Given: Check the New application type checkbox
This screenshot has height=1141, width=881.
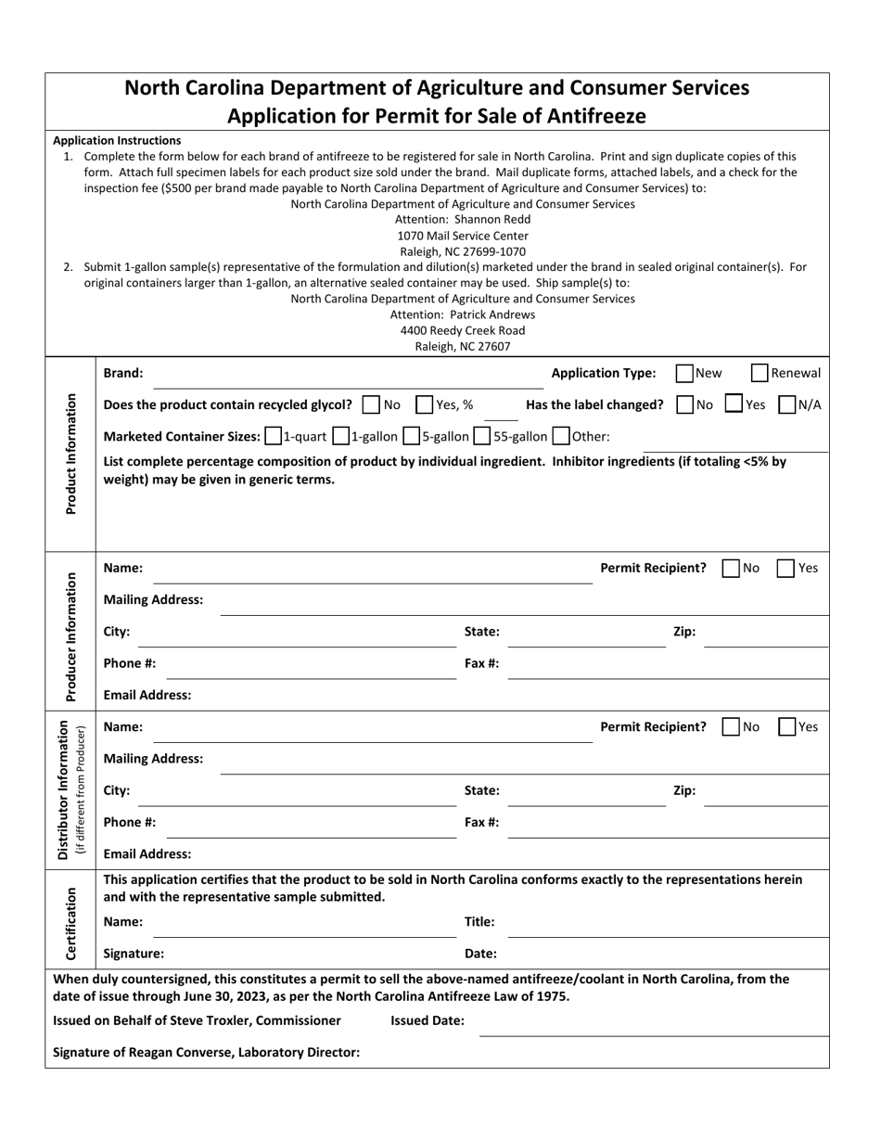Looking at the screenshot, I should click(x=684, y=373).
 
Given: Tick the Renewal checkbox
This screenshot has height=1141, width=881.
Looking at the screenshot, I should click(x=759, y=373).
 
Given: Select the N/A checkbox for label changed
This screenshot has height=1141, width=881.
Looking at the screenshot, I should click(x=786, y=404).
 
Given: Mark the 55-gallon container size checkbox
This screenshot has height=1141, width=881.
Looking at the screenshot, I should click(x=482, y=436).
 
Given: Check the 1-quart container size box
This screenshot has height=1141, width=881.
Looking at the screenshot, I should click(x=273, y=436).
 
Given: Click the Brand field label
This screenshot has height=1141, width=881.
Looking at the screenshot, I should click(x=123, y=373).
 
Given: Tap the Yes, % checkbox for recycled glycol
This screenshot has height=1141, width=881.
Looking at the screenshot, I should click(x=424, y=404).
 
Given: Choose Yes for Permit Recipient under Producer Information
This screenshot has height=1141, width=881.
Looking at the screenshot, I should click(x=785, y=568).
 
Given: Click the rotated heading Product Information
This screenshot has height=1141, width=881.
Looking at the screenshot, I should click(x=70, y=454).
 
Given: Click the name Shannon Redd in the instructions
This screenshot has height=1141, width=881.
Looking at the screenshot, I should click(x=492, y=220).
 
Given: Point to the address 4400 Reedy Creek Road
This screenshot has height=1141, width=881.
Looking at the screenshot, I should click(x=462, y=330).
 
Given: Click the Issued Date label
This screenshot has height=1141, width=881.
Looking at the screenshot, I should click(x=427, y=1020).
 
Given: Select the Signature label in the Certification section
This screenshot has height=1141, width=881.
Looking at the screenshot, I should click(x=134, y=953).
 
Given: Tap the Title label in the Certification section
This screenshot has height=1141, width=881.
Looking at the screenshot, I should click(x=479, y=921).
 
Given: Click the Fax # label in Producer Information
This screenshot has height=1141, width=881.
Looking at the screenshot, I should click(x=481, y=663).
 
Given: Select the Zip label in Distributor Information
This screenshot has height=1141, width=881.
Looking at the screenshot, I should click(x=683, y=790).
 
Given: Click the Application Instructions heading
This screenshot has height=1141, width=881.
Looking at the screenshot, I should click(x=117, y=140).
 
